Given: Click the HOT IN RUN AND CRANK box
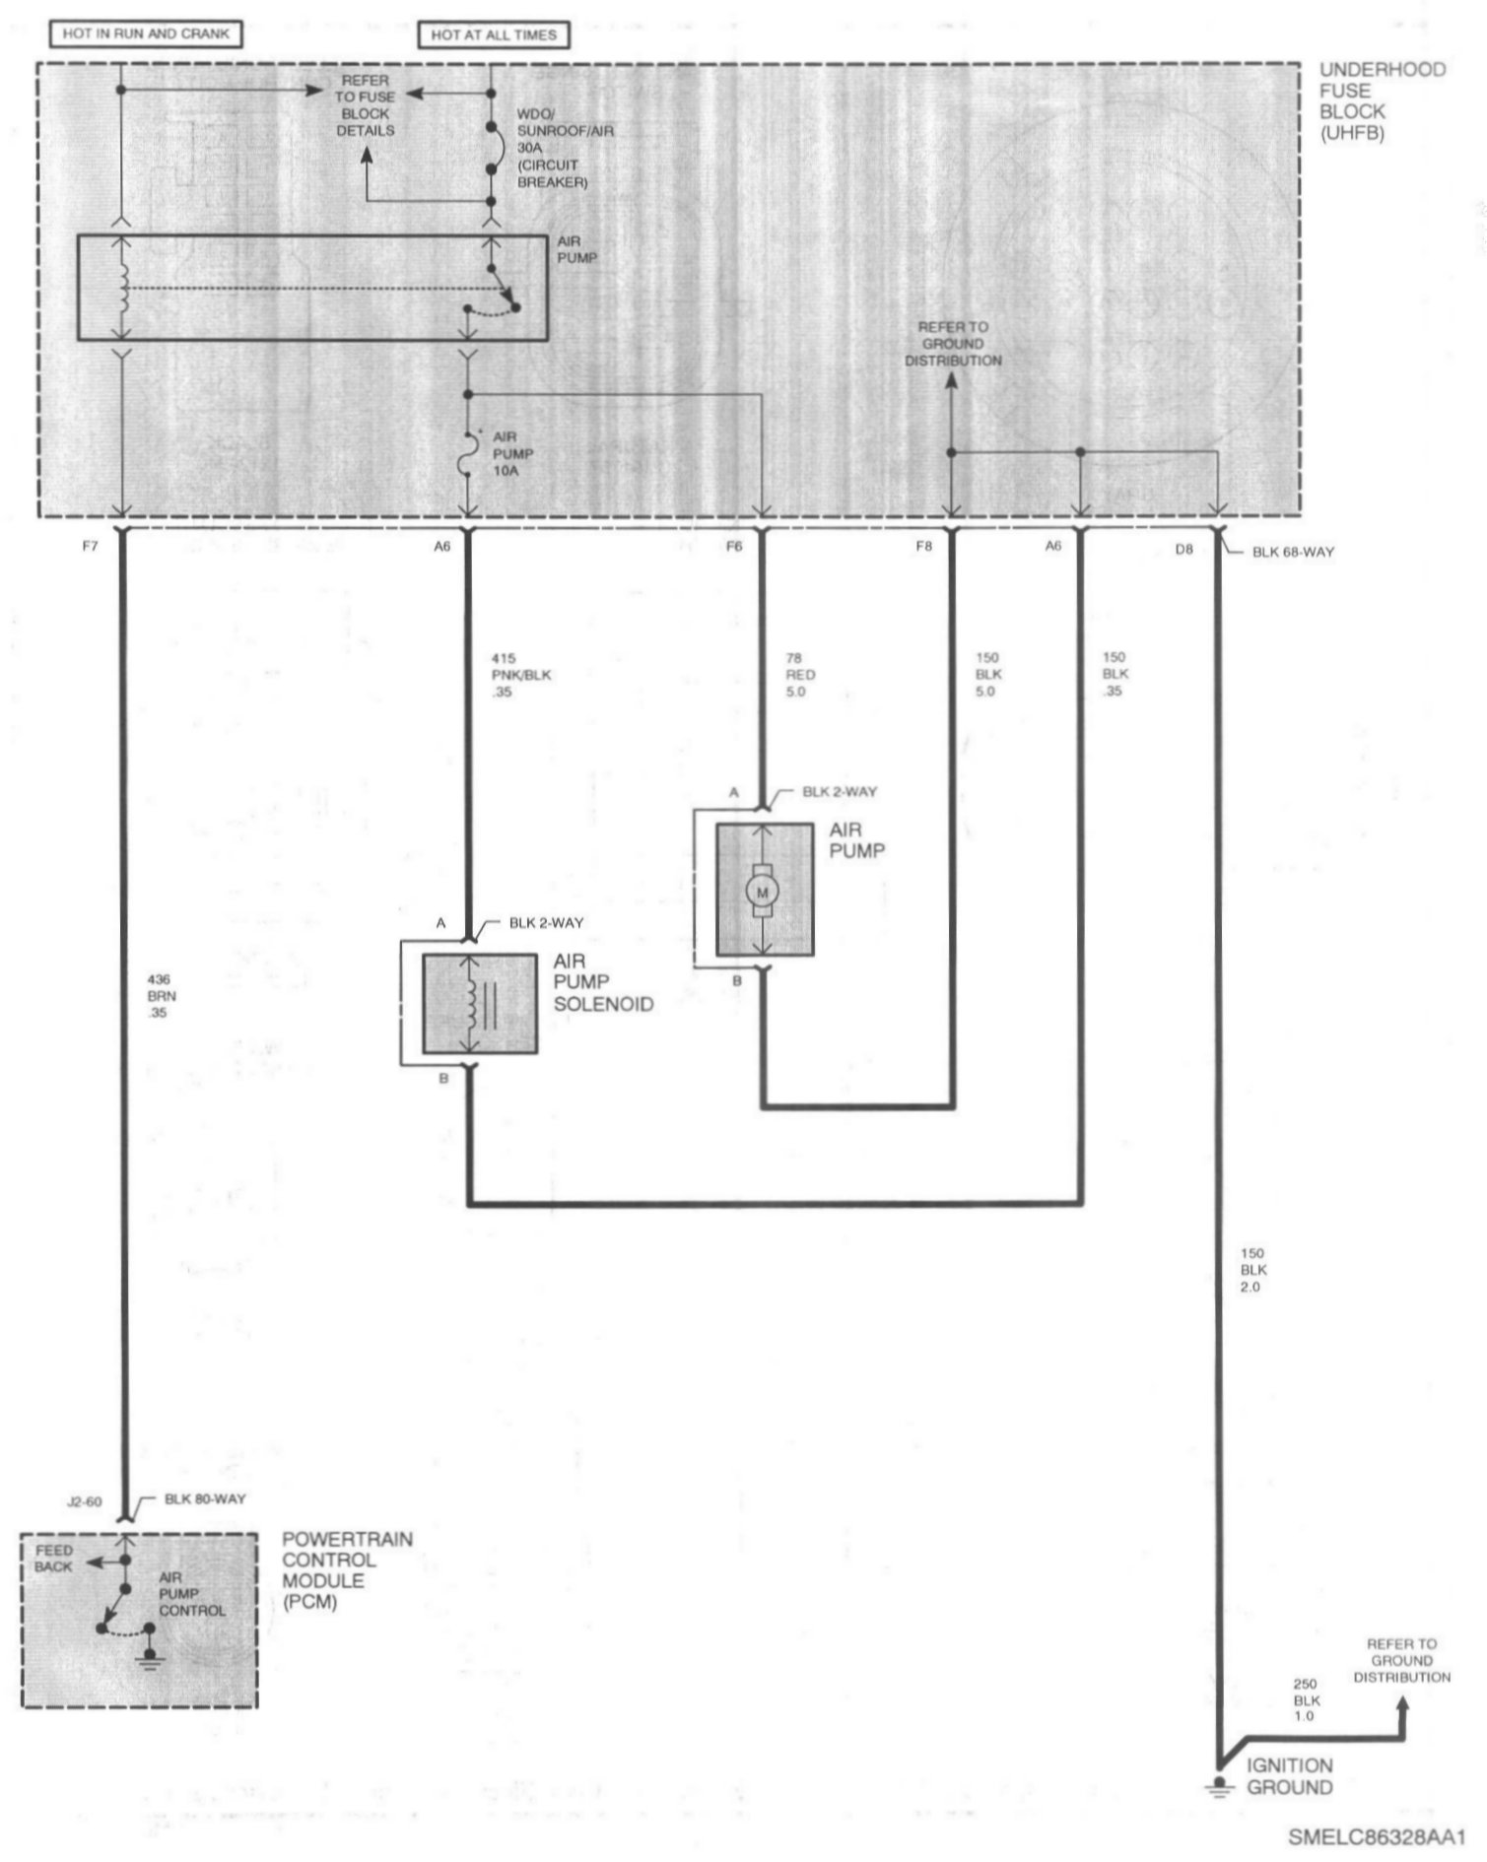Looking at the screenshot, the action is pyautogui.click(x=145, y=33).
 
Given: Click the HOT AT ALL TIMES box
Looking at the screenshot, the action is pyautogui.click(x=493, y=34).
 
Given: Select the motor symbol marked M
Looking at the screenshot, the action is pyautogui.click(x=761, y=892).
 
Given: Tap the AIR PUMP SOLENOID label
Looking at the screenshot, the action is pyautogui.click(x=603, y=982).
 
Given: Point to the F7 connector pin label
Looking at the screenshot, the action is pyautogui.click(x=91, y=546).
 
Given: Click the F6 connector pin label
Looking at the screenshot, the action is pyautogui.click(x=734, y=546).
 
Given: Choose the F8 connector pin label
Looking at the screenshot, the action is pyautogui.click(x=923, y=546).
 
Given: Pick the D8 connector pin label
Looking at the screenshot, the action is pyautogui.click(x=1184, y=549).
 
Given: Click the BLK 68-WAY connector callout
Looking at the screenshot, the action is pyautogui.click(x=1293, y=552).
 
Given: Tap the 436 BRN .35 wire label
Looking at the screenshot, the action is pyautogui.click(x=159, y=996).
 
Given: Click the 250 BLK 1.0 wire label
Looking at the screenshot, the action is pyautogui.click(x=1307, y=1700).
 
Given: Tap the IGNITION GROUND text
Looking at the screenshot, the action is pyautogui.click(x=1289, y=1776).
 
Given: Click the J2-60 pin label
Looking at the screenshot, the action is pyautogui.click(x=83, y=1502).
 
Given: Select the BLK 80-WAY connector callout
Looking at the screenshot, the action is pyautogui.click(x=205, y=1498).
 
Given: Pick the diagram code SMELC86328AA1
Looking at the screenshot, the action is pyautogui.click(x=1377, y=1837).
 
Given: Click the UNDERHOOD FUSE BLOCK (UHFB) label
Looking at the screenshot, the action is pyautogui.click(x=1382, y=100).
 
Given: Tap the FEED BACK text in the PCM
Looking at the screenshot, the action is pyautogui.click(x=54, y=1559).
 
